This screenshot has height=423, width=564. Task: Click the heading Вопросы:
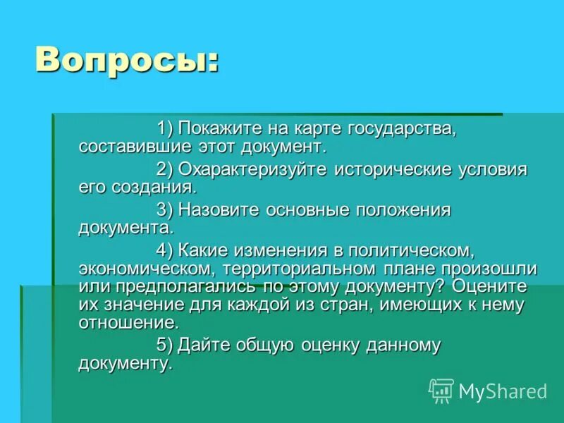coord(127,62)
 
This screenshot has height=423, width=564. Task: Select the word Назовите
coord(216,210)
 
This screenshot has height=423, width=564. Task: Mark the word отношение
coord(127,323)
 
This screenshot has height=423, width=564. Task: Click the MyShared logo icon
coord(441,390)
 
